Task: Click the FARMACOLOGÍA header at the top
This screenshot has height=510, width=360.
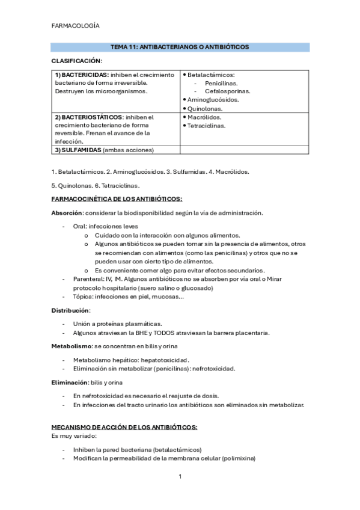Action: tap(76, 26)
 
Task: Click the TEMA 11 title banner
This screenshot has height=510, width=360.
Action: tap(180, 46)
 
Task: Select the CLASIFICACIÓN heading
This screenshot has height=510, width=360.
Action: tap(76, 61)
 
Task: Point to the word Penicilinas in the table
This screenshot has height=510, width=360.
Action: tap(221, 83)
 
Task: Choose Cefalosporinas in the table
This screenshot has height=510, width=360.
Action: tap(227, 91)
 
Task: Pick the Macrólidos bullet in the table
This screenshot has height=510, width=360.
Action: tap(204, 117)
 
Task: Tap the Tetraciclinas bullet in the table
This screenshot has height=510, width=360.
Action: tap(206, 126)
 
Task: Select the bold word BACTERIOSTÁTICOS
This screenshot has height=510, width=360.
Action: tap(91, 117)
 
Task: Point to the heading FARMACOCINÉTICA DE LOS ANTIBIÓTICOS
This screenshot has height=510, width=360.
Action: tap(117, 198)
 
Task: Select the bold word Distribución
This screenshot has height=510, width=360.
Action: tap(70, 310)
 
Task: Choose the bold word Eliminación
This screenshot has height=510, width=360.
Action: tap(69, 382)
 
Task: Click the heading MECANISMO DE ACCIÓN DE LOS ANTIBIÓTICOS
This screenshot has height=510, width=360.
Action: tap(124, 426)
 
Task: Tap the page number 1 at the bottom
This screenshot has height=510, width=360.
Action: tap(180, 477)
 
